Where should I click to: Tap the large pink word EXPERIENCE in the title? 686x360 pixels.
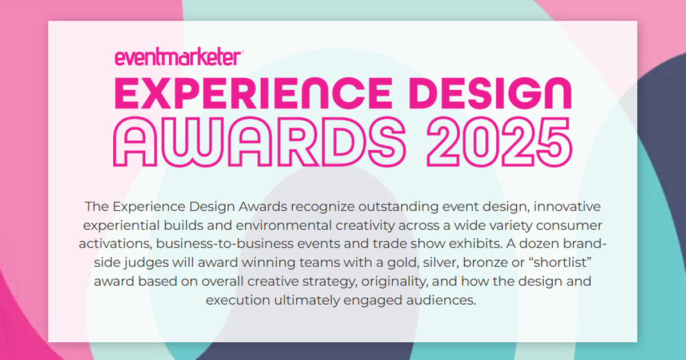pos(253,93)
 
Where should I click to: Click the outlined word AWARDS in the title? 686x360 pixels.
pos(260,142)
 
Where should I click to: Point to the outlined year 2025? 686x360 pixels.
pos(500,142)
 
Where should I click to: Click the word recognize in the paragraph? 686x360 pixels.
pos(322,207)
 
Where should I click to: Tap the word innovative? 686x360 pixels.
pos(567,206)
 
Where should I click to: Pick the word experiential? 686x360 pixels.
pos(122,226)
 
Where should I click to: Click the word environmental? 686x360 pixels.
pos(284,225)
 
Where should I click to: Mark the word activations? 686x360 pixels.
pos(115,244)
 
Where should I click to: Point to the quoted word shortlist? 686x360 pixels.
pos(560,263)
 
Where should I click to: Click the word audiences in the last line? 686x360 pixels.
pos(441,300)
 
